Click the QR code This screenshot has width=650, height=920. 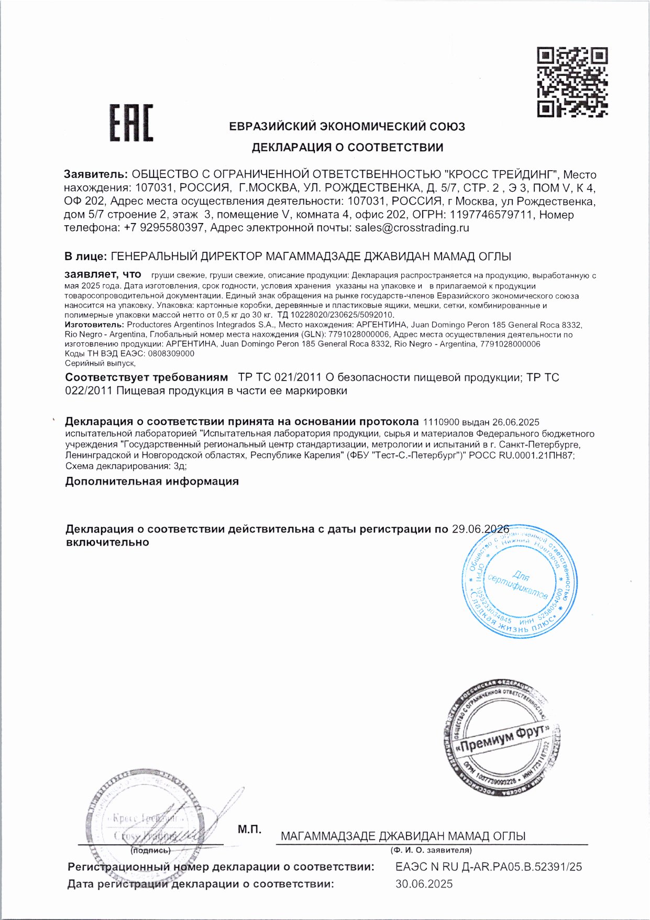pyautogui.click(x=572, y=82)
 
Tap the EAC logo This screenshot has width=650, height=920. pyautogui.click(x=131, y=123)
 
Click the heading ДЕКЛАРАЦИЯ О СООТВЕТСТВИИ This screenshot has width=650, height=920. pyautogui.click(x=347, y=148)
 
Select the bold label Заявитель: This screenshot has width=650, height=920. pyautogui.click(x=96, y=174)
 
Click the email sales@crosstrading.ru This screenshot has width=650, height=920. pyautogui.click(x=412, y=228)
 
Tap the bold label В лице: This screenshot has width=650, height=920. pyautogui.click(x=86, y=257)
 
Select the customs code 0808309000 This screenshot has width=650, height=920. pyautogui.click(x=171, y=353)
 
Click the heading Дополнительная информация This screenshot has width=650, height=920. pyautogui.click(x=152, y=481)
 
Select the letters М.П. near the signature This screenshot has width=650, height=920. pyautogui.click(x=249, y=829)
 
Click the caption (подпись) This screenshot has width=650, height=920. pyautogui.click(x=151, y=851)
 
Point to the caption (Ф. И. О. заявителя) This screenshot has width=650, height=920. pyautogui.click(x=431, y=850)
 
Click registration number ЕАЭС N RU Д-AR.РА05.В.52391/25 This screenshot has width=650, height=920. pyautogui.click(x=489, y=867)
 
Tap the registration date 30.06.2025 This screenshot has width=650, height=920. pyautogui.click(x=424, y=884)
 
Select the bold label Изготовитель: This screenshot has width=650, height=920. pyautogui.click(x=94, y=325)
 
